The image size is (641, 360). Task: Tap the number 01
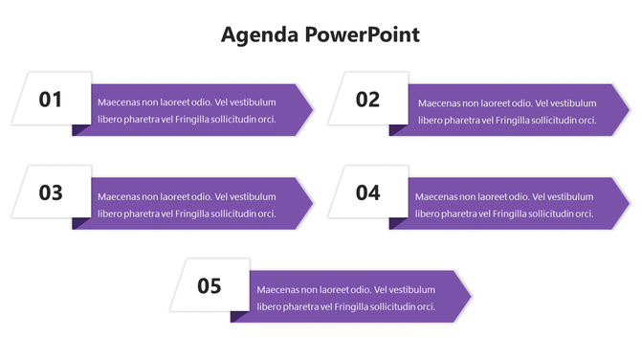(x=51, y=100)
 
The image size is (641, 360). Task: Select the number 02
(x=368, y=100)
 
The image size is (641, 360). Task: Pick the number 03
(x=51, y=192)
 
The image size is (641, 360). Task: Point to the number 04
(x=368, y=192)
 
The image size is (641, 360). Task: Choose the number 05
(x=210, y=285)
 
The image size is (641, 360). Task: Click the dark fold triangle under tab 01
(x=79, y=129)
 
